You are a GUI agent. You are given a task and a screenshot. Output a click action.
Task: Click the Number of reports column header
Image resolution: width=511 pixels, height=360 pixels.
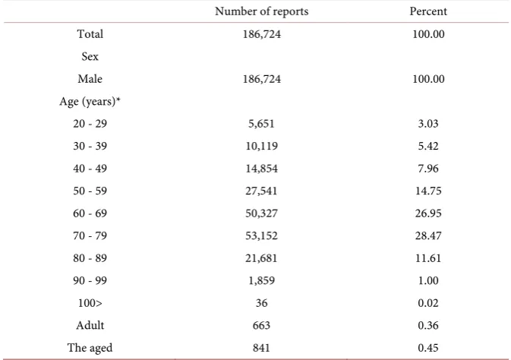[x=261, y=11]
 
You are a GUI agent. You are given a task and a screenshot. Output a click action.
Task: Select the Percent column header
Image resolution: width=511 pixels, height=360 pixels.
[x=428, y=11]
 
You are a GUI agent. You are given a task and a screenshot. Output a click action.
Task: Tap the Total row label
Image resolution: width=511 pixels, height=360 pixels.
[x=90, y=34]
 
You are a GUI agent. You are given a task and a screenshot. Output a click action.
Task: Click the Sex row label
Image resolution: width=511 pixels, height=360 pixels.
[x=90, y=56]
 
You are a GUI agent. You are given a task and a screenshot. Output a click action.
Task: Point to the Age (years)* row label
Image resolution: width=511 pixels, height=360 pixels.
[x=90, y=102]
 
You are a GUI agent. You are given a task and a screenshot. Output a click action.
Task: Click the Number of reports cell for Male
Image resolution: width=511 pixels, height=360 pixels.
[x=261, y=79]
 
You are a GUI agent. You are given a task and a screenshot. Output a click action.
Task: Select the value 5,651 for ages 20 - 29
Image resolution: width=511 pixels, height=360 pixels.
[x=261, y=124]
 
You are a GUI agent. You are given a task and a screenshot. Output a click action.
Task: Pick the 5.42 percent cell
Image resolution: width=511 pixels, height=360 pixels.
[x=428, y=146]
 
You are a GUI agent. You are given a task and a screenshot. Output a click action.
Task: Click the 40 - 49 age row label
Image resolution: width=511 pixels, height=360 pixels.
[x=90, y=169]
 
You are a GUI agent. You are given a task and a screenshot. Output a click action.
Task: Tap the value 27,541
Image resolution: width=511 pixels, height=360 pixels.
[x=261, y=191]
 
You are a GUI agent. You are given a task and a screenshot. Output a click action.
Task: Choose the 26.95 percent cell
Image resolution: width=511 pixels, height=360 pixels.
[x=428, y=213]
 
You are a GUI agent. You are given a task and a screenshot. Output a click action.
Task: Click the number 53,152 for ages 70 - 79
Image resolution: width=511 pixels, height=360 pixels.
[x=261, y=235]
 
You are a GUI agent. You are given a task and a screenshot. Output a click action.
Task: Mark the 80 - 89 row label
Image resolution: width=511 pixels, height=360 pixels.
[x=90, y=258]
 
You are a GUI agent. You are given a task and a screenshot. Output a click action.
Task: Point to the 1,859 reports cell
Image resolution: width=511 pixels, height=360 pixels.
[x=261, y=280]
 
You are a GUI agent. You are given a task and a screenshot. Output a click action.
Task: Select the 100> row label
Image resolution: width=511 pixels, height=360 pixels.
[x=90, y=303]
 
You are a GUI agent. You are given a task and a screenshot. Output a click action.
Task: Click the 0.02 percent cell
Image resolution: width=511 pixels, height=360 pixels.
[x=428, y=303]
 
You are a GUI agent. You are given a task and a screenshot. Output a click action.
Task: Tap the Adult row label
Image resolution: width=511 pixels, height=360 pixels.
[x=90, y=325]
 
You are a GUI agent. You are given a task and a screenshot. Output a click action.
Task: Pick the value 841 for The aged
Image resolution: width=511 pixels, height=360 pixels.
[x=261, y=348]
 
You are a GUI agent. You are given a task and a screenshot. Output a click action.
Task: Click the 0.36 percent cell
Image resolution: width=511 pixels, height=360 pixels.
[x=428, y=325]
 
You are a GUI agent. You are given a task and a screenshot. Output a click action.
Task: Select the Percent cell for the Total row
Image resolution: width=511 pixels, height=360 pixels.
[x=428, y=34]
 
